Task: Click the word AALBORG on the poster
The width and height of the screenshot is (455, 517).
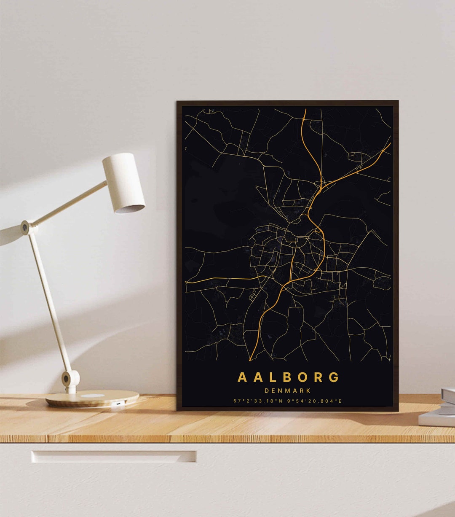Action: [288, 377]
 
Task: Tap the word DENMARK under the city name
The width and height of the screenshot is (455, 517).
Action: [288, 391]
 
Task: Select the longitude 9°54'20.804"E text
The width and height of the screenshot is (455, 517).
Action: [315, 401]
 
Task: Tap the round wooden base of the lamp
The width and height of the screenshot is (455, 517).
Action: [92, 399]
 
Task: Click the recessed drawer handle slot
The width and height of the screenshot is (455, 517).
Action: [114, 457]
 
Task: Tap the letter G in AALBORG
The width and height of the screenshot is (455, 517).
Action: [334, 377]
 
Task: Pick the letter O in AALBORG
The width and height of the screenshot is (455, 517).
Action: [303, 377]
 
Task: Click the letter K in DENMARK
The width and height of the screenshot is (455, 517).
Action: [309, 391]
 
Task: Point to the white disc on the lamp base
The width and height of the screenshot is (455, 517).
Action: [92, 396]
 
